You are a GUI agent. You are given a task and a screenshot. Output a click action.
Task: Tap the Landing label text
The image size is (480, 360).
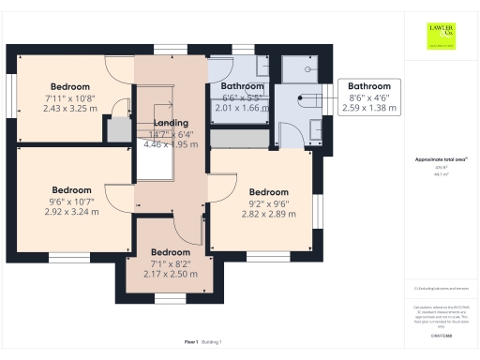pos(171,123)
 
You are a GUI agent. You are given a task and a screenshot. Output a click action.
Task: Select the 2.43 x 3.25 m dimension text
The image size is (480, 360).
pos(69,108)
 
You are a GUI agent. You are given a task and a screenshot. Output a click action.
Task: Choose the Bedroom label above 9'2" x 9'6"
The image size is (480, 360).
pos(268,193)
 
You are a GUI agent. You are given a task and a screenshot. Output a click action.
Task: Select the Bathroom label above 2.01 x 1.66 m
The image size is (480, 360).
pos(242,86)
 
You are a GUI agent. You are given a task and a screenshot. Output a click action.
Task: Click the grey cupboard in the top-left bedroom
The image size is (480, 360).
pos(119,129)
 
